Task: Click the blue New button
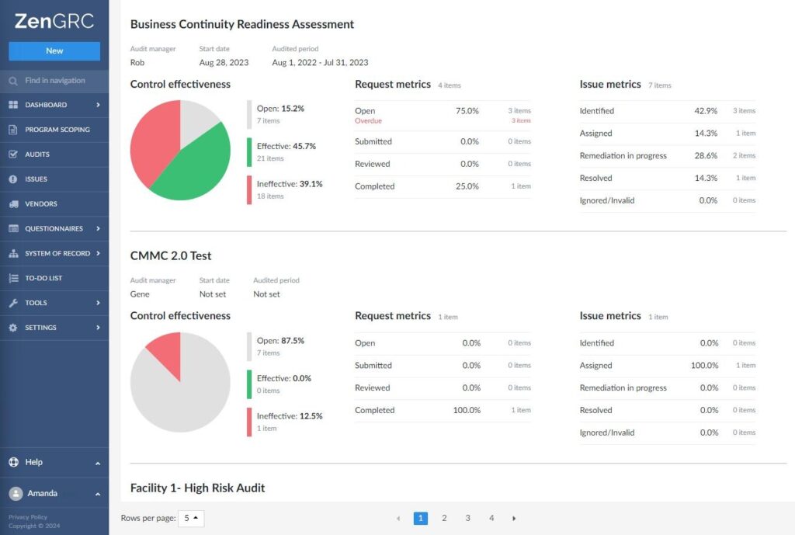click(x=54, y=50)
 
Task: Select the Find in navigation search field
click(x=54, y=81)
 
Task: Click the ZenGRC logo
click(x=54, y=21)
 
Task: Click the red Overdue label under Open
click(x=368, y=120)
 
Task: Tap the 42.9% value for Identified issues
click(x=706, y=110)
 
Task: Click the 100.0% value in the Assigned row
click(x=704, y=365)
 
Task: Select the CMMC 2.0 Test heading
click(x=171, y=255)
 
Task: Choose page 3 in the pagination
click(x=467, y=518)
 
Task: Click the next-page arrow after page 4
click(x=514, y=518)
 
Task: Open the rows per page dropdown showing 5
click(x=191, y=518)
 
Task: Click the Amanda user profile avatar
click(x=16, y=493)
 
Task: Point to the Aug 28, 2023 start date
click(x=224, y=62)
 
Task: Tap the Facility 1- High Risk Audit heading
click(x=197, y=488)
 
